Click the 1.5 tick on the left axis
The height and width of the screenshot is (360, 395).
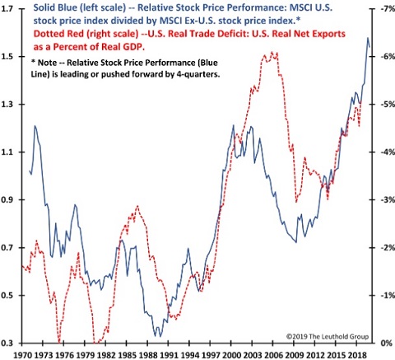12,56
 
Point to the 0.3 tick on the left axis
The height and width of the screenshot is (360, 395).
12,343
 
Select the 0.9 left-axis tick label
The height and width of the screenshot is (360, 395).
12,199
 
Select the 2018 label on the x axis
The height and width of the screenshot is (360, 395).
356,353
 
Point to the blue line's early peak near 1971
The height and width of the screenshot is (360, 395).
35,126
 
